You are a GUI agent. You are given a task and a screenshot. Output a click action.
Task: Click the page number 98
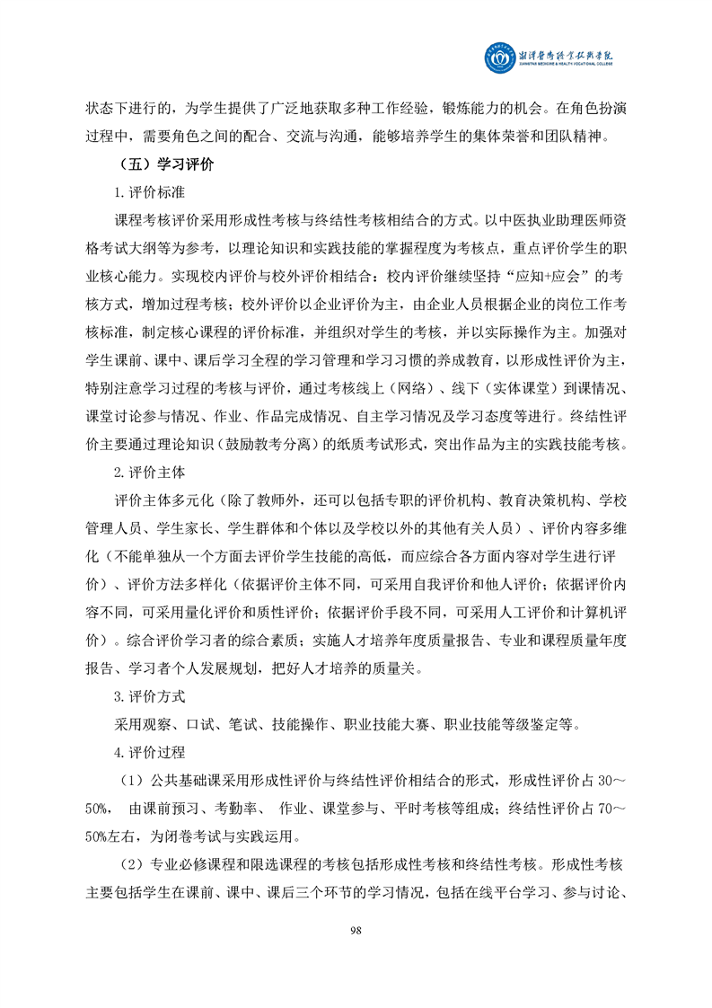(x=356, y=929)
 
